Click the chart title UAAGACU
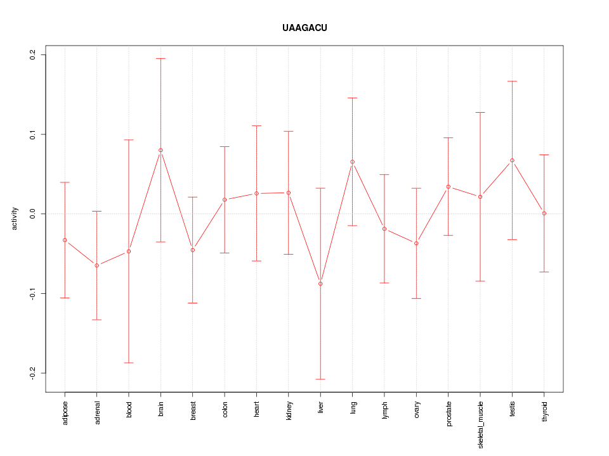304,28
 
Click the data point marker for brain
160,150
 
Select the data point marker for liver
320,284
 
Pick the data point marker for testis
512,160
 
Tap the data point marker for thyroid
544,213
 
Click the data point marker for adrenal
96,265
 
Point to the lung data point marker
352,162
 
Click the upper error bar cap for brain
160,58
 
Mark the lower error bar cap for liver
320,379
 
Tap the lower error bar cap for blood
129,363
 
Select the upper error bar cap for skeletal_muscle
480,112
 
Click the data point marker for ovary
416,243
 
